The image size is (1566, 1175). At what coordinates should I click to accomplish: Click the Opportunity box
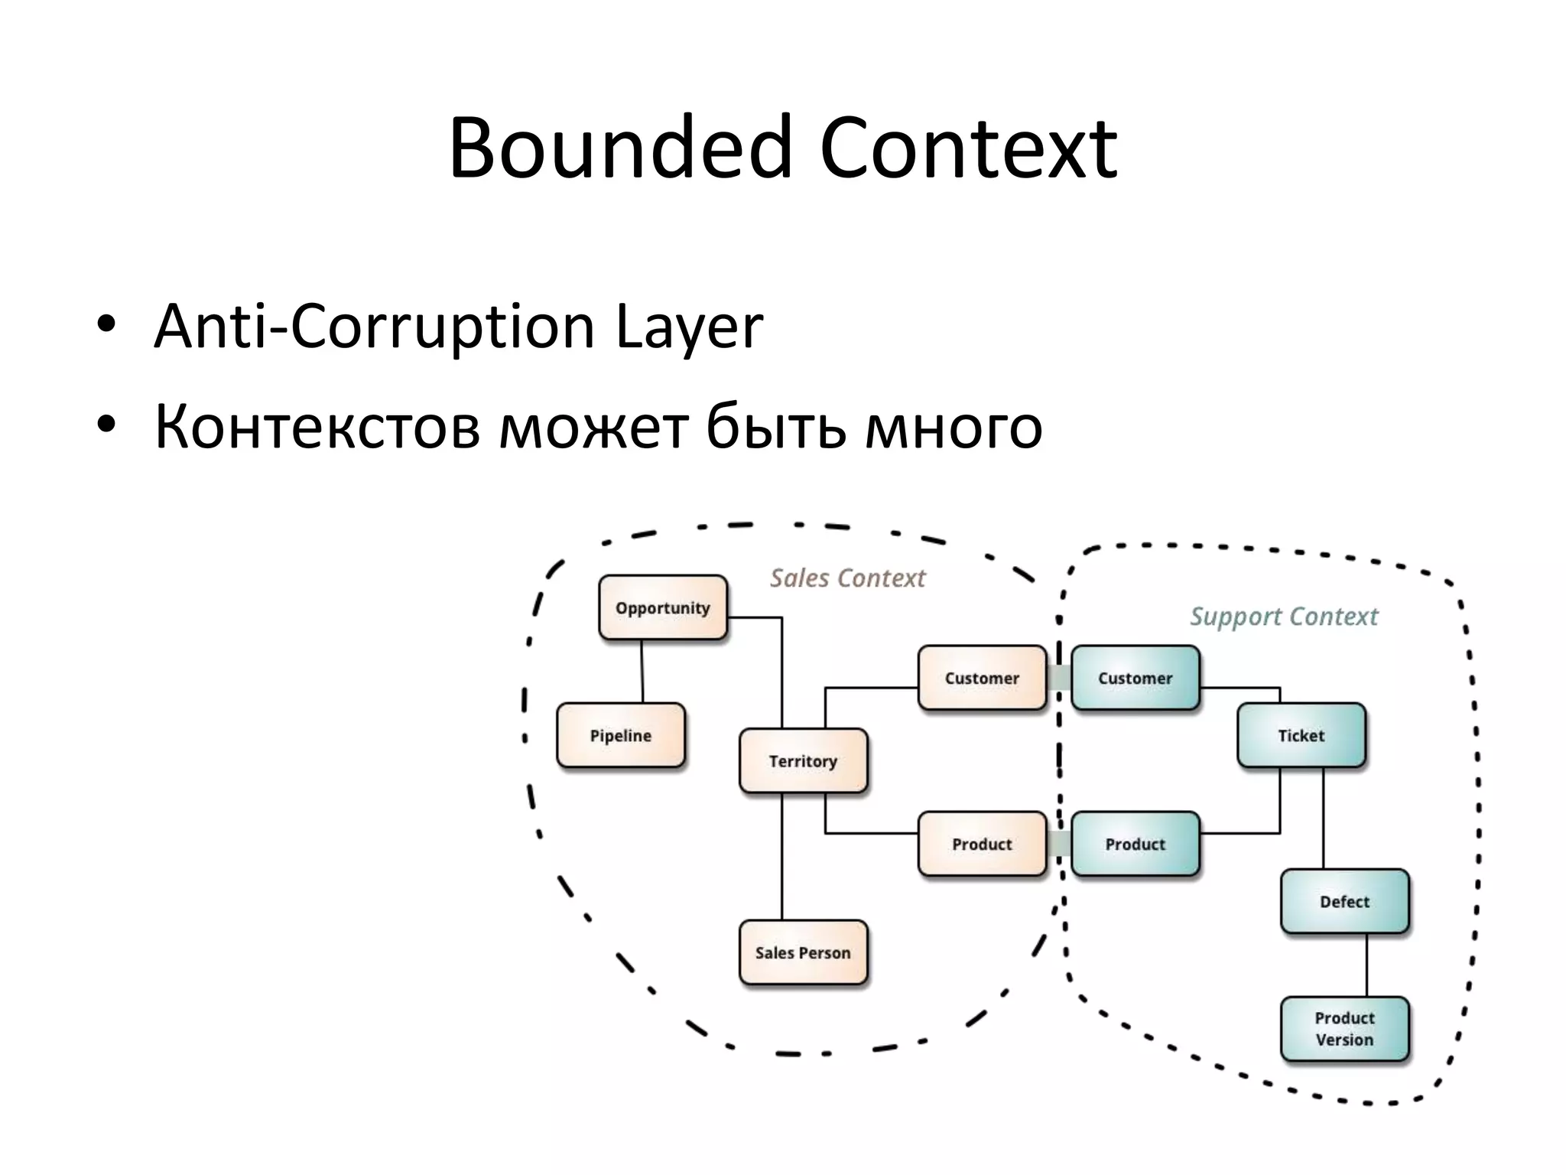[x=663, y=607]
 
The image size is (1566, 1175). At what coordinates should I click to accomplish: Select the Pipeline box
[x=621, y=735]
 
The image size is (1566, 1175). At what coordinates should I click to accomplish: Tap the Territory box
[x=803, y=760]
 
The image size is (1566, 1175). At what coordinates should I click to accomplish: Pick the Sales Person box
[x=803, y=952]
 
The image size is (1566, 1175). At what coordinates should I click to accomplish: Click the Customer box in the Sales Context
[x=982, y=678]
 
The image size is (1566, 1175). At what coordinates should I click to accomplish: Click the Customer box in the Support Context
[x=1135, y=678]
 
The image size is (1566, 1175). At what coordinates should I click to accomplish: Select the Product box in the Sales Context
[x=982, y=844]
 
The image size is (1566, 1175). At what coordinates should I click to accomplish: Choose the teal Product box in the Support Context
[x=1135, y=844]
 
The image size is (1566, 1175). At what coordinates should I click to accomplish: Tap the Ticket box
[x=1301, y=735]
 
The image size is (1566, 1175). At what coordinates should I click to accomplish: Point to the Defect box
[x=1344, y=901]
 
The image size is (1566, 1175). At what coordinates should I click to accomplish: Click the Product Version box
[x=1344, y=1029]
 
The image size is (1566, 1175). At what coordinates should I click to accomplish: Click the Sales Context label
[x=847, y=578]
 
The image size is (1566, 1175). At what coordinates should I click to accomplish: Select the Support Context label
[x=1284, y=616]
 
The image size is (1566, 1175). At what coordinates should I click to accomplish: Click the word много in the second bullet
[x=954, y=426]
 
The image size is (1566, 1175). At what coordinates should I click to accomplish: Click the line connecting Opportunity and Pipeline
[x=642, y=671]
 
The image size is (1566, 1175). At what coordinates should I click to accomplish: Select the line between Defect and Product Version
[x=1367, y=965]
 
